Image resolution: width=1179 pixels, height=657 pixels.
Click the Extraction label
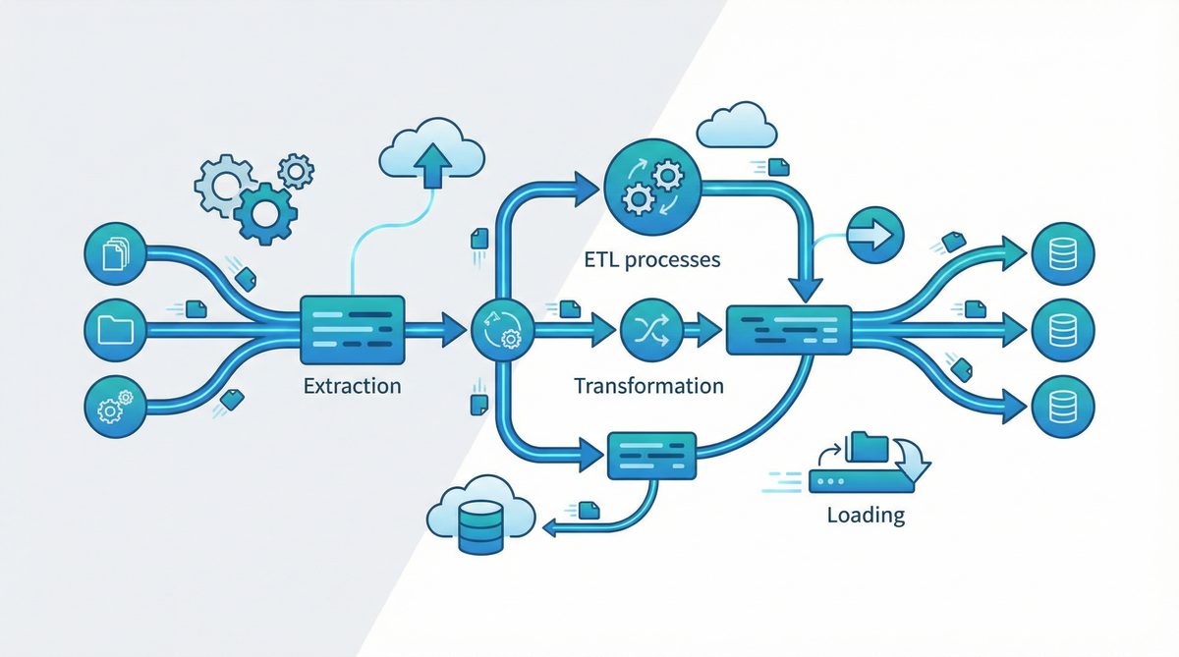coord(352,385)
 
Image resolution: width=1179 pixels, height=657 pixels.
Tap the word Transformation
coord(647,385)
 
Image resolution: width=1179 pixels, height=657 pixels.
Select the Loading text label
coord(865,515)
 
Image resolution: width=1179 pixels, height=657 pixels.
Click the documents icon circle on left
coord(115,249)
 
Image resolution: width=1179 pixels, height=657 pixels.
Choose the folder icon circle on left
coord(115,328)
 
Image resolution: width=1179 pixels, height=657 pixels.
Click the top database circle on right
coord(1062,249)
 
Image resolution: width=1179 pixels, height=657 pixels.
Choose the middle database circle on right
coord(1062,328)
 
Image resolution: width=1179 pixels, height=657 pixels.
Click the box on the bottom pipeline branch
coord(651,456)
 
